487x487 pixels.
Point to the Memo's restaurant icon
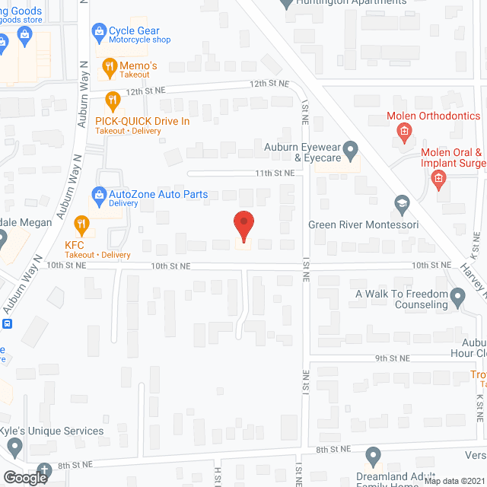(110, 66)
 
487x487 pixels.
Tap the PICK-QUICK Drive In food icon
(113, 100)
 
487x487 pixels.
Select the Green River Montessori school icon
(402, 203)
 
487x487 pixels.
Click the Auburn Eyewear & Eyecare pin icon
(351, 148)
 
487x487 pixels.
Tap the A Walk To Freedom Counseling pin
(458, 295)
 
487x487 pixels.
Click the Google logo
(25, 477)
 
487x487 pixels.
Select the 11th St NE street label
(274, 173)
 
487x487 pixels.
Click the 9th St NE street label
(392, 358)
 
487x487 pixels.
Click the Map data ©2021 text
(454, 481)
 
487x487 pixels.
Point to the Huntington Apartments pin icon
(287, 4)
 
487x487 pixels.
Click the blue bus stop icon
(7, 323)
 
